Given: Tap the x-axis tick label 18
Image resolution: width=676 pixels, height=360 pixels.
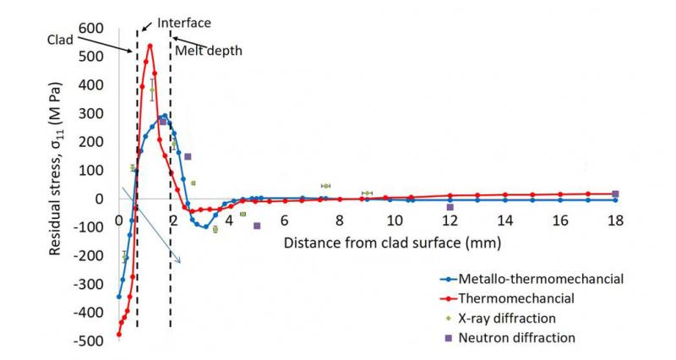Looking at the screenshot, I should coord(615,221).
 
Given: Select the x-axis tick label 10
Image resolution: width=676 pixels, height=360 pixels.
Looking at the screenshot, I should coord(394,221).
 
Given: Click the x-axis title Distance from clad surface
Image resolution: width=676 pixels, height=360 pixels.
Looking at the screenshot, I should coord(394,243).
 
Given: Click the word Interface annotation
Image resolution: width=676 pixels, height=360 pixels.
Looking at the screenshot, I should coord(183,22).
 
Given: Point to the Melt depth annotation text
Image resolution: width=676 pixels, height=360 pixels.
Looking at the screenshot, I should coord(209,51).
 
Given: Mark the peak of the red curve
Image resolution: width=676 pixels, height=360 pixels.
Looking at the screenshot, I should coord(150,46).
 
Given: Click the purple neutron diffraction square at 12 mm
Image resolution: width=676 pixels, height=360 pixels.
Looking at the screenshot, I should coord(450,207).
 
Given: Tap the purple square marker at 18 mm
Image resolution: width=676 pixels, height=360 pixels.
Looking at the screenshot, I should coord(615,194).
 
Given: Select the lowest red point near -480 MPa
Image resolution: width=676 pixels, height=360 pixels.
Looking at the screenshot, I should coord(118,335).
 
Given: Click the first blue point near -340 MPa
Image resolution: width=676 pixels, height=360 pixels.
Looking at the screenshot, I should coord(118,297).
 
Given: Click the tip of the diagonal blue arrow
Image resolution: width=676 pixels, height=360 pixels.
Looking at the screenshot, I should coord(180,263).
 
